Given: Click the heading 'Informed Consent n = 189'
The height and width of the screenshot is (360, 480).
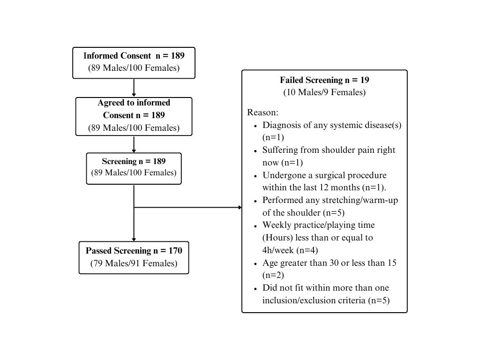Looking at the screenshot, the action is click(134, 56).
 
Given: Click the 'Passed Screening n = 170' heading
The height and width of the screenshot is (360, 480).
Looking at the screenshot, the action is click(134, 251).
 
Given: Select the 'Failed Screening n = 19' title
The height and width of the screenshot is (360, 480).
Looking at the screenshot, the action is click(324, 80).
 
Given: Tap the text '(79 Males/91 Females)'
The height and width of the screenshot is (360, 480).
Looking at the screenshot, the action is click(134, 263).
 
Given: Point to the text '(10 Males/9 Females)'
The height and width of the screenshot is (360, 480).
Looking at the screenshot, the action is click(324, 92).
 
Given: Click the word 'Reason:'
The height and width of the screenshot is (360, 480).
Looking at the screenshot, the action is click(262, 112).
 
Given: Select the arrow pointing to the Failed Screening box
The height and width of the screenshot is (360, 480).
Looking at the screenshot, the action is click(187, 208).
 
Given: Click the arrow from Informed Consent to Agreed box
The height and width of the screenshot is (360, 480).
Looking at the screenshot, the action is click(134, 88).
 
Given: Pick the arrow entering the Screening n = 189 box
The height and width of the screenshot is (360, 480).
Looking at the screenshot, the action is click(134, 144).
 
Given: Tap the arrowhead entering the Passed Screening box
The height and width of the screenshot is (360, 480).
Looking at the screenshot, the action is click(134, 240).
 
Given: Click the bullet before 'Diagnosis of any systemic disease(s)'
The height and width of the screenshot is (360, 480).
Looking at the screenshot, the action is click(255, 126).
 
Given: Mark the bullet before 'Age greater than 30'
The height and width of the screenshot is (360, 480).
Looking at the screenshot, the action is click(255, 264).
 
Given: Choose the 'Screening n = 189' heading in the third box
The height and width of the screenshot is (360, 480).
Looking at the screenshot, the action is click(134, 161).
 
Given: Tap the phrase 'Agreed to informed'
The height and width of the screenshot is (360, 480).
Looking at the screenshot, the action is click(134, 103).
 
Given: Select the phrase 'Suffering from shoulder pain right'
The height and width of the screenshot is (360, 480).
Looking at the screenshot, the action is click(329, 150).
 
